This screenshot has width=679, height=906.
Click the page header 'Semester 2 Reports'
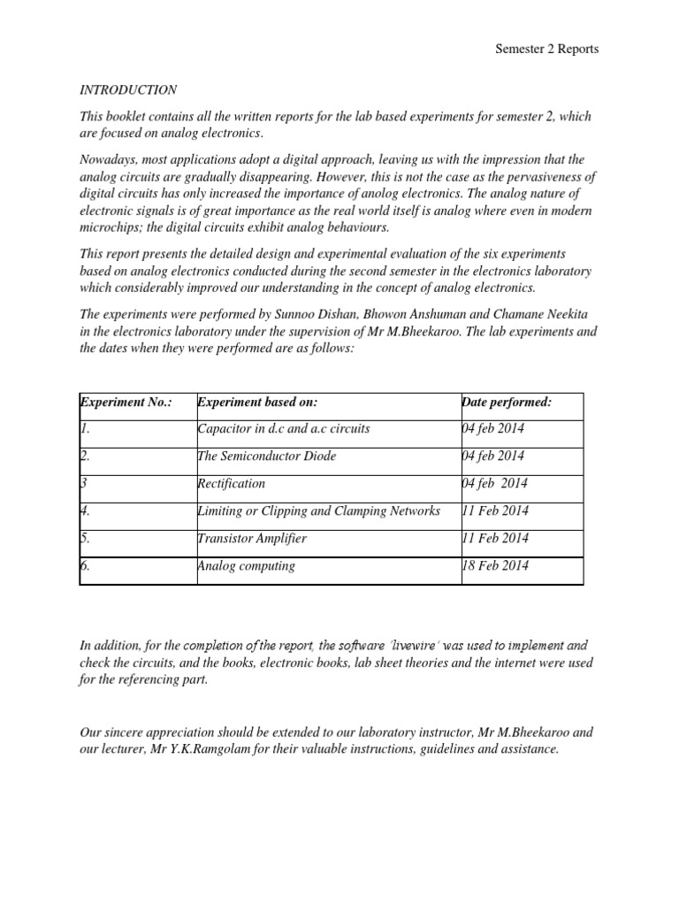tap(546, 49)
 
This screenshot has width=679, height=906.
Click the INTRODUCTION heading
tap(128, 90)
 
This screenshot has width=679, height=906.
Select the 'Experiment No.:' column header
tap(126, 403)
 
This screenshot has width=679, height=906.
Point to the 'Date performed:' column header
tap(507, 403)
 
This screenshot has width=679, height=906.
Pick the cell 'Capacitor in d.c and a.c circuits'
tap(284, 429)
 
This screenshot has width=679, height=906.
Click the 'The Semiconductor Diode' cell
tap(267, 457)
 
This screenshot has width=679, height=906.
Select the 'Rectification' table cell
tap(232, 484)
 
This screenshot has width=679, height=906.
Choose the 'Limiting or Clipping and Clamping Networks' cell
tap(319, 511)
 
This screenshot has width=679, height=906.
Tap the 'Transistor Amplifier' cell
tap(253, 539)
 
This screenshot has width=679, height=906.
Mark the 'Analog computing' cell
tap(247, 566)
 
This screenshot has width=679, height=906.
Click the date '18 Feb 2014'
tap(495, 566)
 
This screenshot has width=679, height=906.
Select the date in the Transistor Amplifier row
tap(495, 539)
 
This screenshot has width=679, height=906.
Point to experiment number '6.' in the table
tap(86, 566)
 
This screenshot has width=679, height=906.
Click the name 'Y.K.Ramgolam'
tap(214, 749)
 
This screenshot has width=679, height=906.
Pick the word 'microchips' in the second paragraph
tap(109, 226)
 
